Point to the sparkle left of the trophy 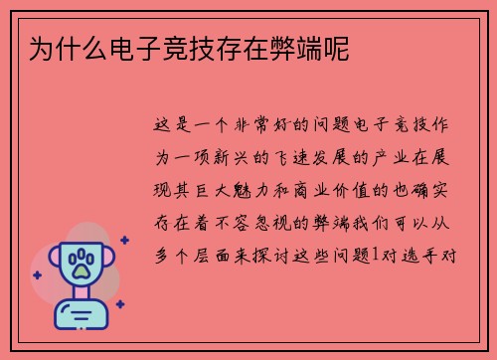pos(38,274)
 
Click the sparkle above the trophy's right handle pos(124,240)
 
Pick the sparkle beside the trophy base pos(119,304)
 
